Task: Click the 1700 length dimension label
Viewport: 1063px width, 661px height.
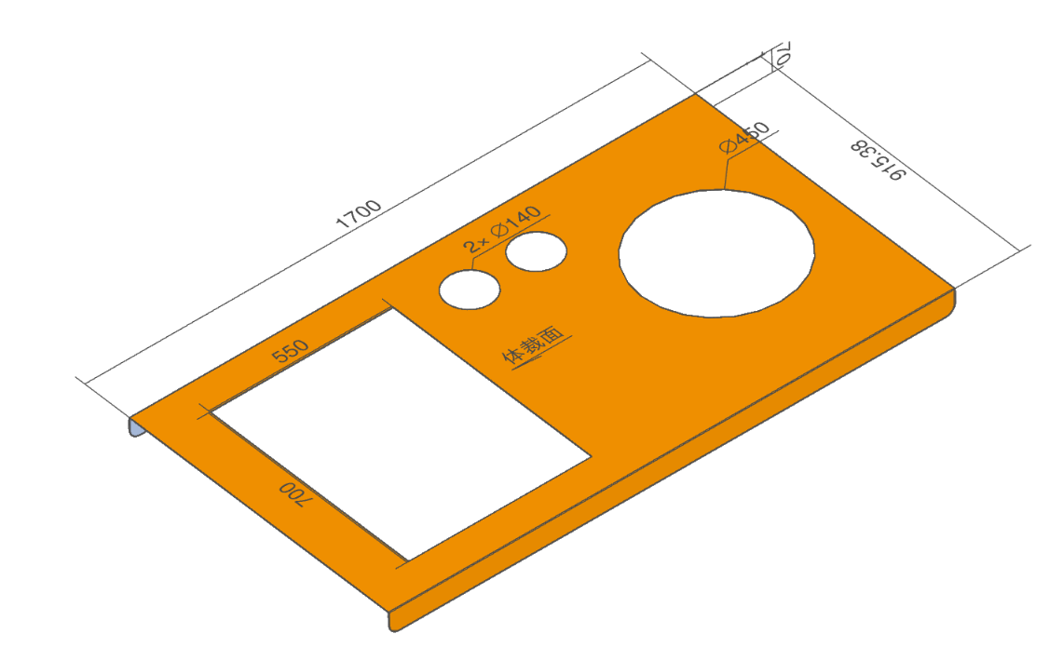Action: [359, 213]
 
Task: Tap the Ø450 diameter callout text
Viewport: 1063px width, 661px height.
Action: [745, 138]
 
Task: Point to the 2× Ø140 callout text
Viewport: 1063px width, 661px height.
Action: [502, 230]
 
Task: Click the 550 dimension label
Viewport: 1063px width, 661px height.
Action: [290, 351]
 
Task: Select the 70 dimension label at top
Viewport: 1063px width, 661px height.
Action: [782, 53]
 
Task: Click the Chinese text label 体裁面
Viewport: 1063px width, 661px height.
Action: [533, 344]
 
